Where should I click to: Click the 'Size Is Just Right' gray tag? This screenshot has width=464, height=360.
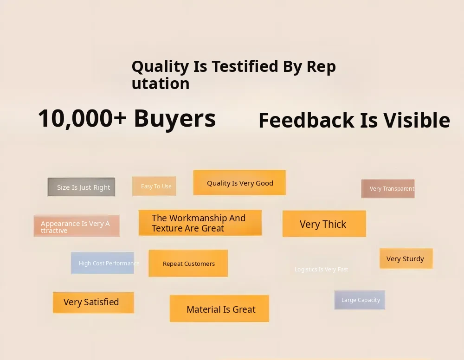(x=81, y=187)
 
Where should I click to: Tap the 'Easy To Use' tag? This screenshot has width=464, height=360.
(x=154, y=186)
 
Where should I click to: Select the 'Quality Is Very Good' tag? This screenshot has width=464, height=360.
(x=239, y=182)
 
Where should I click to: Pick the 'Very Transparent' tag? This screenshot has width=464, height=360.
(x=387, y=188)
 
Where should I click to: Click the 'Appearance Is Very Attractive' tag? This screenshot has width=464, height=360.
(x=77, y=226)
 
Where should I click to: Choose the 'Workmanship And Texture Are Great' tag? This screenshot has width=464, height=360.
(x=200, y=223)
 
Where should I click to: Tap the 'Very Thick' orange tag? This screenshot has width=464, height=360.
(x=324, y=224)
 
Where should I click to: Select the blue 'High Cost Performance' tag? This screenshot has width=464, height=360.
(x=103, y=263)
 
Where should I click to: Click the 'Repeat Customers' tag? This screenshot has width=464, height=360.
(x=188, y=263)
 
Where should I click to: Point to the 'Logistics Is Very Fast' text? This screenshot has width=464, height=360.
(x=322, y=270)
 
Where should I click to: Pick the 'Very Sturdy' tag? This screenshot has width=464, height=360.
(x=406, y=258)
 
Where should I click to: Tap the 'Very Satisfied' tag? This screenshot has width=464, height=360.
(x=93, y=302)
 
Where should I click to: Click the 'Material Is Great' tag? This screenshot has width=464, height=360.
(x=219, y=308)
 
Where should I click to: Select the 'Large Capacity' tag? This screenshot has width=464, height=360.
(x=360, y=300)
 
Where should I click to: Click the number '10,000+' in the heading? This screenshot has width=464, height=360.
(x=82, y=119)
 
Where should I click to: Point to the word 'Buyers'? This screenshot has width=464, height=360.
(x=175, y=119)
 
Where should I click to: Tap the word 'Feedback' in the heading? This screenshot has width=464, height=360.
(x=307, y=120)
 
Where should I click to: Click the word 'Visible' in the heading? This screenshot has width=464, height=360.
(x=417, y=120)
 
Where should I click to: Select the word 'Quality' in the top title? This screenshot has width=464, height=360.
(x=161, y=66)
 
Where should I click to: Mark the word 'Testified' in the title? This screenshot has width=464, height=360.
(x=245, y=66)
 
